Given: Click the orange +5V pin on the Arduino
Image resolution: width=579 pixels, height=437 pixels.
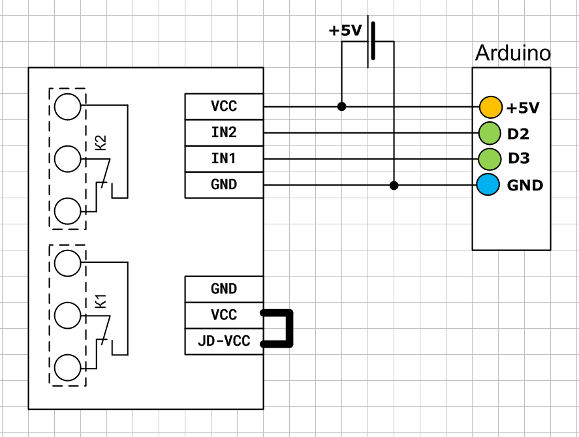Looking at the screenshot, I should coord(490,107).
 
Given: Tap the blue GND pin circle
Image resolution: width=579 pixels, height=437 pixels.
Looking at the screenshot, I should coord(488,185).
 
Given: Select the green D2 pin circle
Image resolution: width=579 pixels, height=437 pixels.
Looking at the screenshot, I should coord(489,133).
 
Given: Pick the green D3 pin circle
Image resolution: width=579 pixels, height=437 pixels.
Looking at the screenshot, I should coord(489,158).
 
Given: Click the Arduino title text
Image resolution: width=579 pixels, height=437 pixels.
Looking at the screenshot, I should coord(512,53).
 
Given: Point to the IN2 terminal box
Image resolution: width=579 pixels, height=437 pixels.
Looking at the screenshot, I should coord(224,132).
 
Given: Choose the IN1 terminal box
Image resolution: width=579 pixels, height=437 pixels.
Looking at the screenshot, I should coord(224,158).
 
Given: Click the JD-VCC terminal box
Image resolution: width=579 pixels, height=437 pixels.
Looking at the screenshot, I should coord(224,341).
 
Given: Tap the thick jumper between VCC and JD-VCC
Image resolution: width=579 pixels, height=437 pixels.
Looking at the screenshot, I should coord(290,328).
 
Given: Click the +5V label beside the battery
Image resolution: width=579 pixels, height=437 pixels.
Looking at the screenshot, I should coord(345,31).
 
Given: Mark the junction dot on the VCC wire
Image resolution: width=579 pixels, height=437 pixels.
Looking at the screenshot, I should coord(341,106).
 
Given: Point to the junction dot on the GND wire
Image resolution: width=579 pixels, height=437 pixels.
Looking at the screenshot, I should coord(394,185).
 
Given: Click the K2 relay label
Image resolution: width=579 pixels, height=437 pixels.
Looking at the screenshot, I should coord(101,143).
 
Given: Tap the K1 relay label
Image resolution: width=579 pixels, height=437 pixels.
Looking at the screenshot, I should coord(101,301).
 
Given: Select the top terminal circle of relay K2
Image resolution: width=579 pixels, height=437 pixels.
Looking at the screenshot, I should coord(69,106).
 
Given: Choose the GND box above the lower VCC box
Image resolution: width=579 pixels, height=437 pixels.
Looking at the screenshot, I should coord(224,289).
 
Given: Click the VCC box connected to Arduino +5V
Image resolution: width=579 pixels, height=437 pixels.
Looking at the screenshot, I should coord(224,106).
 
